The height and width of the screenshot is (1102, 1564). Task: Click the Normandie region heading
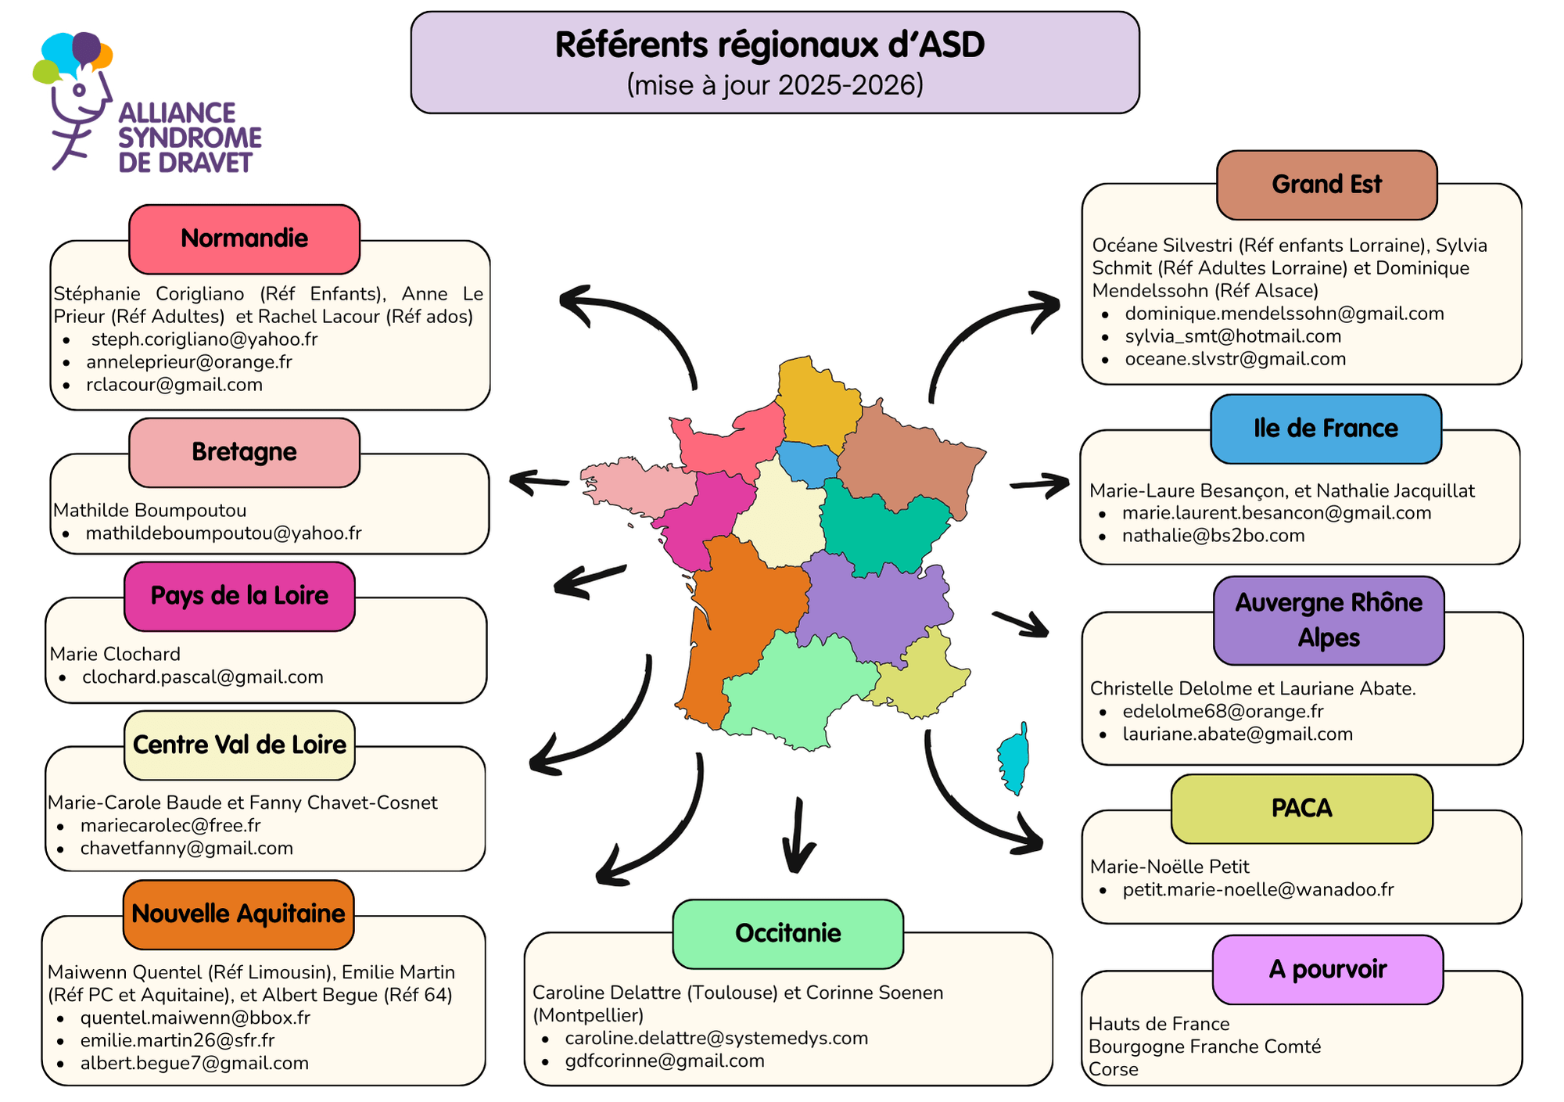tap(244, 239)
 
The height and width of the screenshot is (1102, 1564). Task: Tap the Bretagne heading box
tap(244, 452)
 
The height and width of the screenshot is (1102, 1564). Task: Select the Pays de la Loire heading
tap(239, 596)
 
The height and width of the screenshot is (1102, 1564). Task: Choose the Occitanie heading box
tap(787, 933)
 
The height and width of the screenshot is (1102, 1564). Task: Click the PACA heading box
tap(1301, 808)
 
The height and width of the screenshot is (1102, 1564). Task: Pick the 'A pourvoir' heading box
tap(1327, 970)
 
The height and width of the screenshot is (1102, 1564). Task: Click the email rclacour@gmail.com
tap(174, 385)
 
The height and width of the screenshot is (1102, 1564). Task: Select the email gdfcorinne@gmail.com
tap(665, 1061)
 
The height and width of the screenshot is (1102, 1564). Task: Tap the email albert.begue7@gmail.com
tap(195, 1064)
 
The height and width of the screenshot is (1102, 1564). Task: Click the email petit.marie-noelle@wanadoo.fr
tap(1258, 890)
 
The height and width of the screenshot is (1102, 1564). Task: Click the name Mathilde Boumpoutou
tap(150, 511)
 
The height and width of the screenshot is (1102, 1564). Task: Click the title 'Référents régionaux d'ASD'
tap(769, 45)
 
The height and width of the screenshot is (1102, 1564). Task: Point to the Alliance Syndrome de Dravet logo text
tap(189, 138)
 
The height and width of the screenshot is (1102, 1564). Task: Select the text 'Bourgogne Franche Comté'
tap(1204, 1047)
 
